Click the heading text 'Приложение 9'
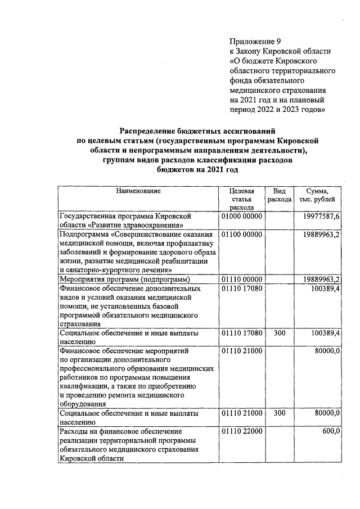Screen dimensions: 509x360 point(255,41)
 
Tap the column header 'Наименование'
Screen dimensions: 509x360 point(138,191)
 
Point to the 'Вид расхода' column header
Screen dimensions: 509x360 point(279,195)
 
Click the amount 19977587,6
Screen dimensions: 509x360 point(321,216)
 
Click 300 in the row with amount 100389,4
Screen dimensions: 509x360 point(279,333)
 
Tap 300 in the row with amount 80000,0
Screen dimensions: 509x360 point(279,413)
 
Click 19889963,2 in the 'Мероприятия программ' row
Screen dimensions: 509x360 point(321,279)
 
